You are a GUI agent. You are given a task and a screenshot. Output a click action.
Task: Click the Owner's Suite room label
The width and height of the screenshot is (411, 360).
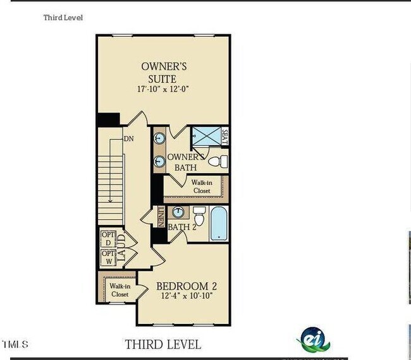click(163, 72)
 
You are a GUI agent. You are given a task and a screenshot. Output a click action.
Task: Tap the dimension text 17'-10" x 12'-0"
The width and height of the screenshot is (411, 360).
click(163, 89)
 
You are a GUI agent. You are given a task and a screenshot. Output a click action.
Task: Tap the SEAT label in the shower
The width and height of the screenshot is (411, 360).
click(224, 136)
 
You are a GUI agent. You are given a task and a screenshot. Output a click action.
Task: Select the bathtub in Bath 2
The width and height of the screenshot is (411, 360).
click(219, 224)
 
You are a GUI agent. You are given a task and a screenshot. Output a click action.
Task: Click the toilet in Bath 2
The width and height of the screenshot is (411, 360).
click(199, 216)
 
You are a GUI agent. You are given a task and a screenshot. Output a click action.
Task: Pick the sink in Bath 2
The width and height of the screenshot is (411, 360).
click(179, 212)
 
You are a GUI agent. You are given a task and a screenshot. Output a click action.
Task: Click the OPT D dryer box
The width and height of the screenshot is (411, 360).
click(107, 239)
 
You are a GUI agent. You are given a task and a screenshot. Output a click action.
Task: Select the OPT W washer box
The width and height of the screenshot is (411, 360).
click(107, 258)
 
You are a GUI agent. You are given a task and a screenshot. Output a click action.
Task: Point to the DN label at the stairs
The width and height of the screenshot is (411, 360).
click(128, 138)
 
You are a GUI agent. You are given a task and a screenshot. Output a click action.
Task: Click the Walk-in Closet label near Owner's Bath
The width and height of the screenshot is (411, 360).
click(201, 186)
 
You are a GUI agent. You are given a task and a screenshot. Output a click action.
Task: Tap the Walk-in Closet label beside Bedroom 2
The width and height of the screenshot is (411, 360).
click(120, 291)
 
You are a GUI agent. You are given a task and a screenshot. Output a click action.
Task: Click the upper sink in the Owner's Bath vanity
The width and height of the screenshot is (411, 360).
click(159, 136)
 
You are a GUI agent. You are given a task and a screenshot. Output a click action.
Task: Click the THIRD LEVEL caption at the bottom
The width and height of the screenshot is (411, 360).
click(163, 344)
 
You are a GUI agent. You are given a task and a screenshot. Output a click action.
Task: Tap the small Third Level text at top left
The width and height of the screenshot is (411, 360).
click(63, 18)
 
